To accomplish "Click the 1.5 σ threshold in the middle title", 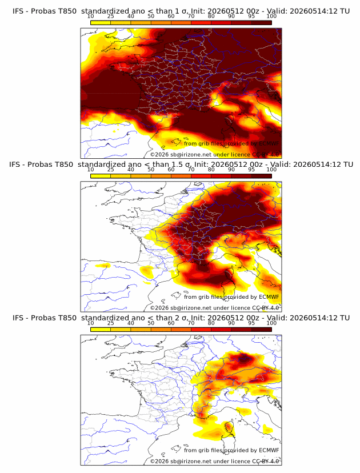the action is click(181, 165).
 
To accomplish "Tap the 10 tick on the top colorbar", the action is click(90, 16).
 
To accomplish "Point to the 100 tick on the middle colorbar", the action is click(271, 169).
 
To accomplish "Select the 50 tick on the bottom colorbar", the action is click(151, 323).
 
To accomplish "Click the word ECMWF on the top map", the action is click(269, 143).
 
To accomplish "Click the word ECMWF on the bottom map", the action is click(269, 450).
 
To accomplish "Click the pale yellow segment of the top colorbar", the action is click(101, 22).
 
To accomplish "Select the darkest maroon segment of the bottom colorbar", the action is click(261, 330).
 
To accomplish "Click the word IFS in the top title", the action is click(18, 11).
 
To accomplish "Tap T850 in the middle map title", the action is click(64, 165).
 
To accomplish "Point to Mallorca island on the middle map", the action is click(176, 295).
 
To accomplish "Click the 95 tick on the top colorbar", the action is click(251, 16).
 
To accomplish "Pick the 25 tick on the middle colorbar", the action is click(110, 169).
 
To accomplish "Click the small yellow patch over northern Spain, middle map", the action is click(103, 266).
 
